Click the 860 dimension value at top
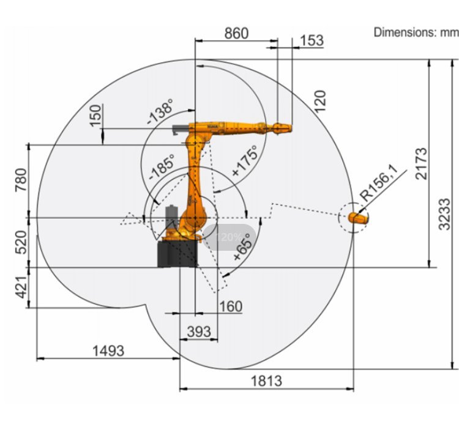pyautogui.click(x=236, y=33)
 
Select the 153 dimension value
pyautogui.click(x=312, y=40)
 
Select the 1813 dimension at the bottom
pyautogui.click(x=266, y=380)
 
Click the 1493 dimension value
pyautogui.click(x=108, y=350)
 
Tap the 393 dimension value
pyautogui.click(x=198, y=332)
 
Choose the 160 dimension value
pyautogui.click(x=231, y=306)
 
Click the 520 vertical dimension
pyautogui.click(x=20, y=242)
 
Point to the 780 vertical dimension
pyautogui.click(x=20, y=180)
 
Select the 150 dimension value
pyautogui.click(x=95, y=116)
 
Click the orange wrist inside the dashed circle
pyautogui.click(x=359, y=217)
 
